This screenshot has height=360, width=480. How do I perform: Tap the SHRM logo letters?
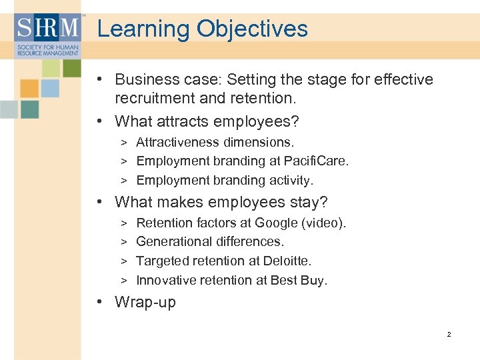(47, 29)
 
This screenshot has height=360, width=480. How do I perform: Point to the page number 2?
(449, 334)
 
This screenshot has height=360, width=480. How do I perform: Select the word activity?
(290, 180)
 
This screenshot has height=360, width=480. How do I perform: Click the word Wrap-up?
(145, 302)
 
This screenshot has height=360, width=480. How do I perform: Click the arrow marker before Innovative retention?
(124, 281)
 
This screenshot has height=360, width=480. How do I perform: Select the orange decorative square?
(29, 89)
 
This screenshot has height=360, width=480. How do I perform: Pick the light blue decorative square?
(50, 89)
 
